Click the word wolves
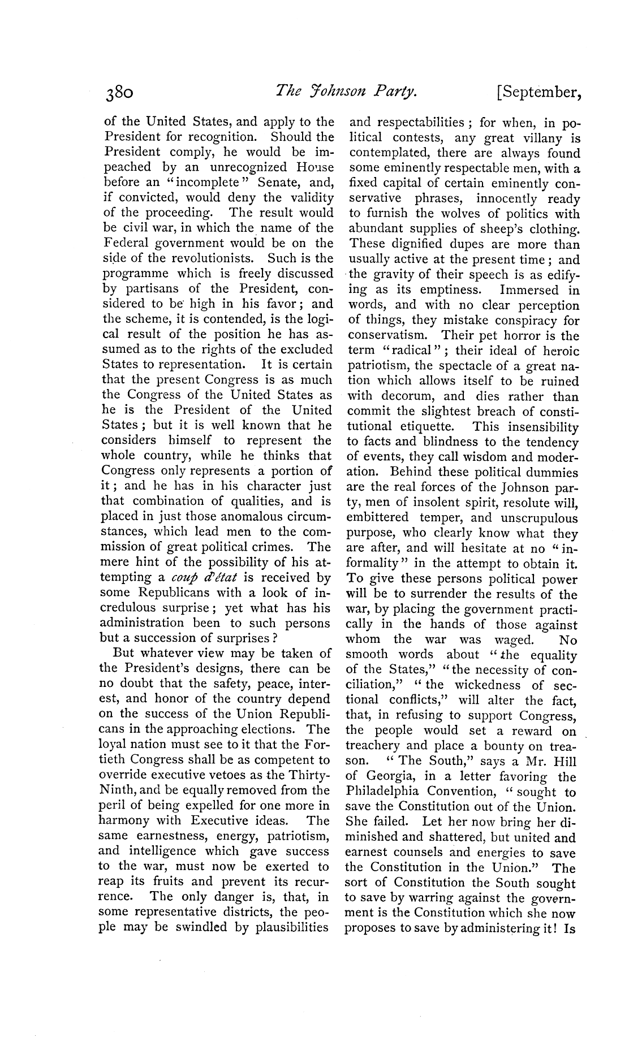pyautogui.click(x=440, y=214)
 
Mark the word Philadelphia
pyautogui.click(x=384, y=791)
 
